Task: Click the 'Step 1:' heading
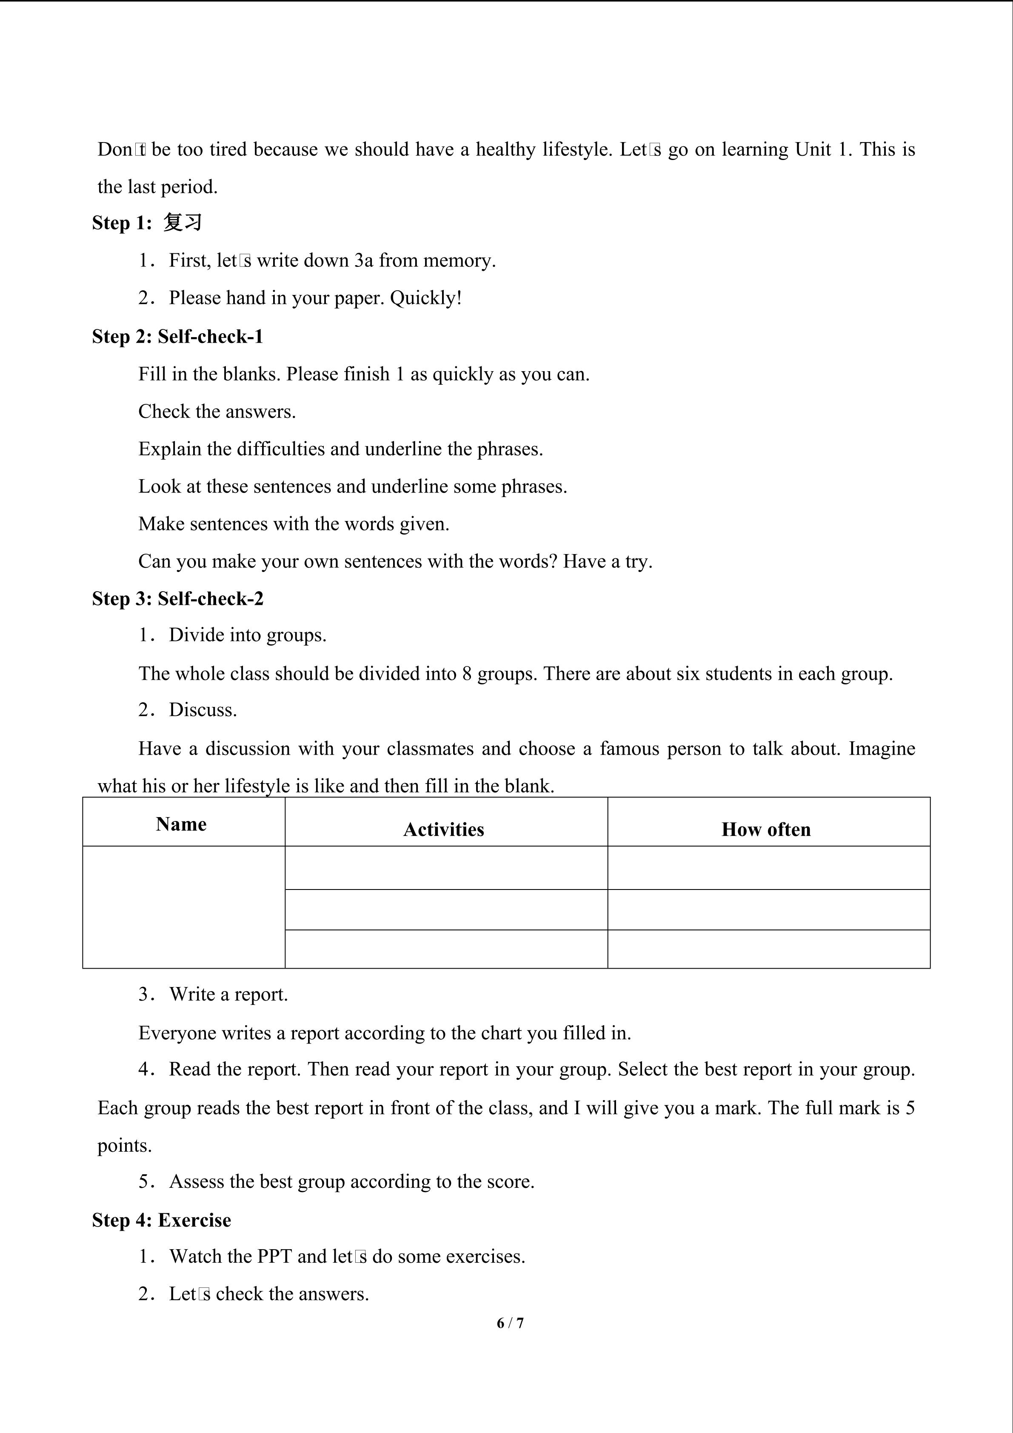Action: point(122,223)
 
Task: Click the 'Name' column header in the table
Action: point(181,824)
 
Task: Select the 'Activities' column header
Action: point(443,829)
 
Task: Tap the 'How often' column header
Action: point(766,829)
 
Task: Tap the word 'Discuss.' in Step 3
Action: point(203,710)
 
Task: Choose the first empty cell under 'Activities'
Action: point(446,867)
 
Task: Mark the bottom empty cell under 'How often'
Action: point(768,949)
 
